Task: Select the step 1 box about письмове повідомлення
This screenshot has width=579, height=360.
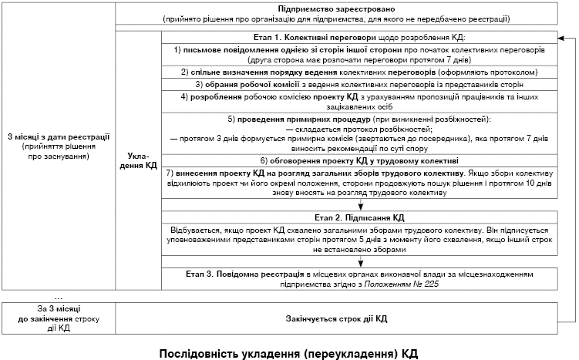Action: (x=358, y=53)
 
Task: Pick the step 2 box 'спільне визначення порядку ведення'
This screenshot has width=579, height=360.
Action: (x=358, y=71)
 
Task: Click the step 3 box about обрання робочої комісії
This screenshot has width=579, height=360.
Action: (x=358, y=84)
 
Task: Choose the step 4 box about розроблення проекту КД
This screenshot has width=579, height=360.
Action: (x=358, y=102)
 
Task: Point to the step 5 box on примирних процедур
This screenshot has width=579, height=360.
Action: (x=358, y=133)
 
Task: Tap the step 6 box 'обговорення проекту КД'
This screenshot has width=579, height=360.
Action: (x=358, y=160)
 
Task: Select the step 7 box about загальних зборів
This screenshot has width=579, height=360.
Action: (x=358, y=182)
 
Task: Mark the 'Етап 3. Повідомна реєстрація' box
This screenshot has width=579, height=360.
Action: (x=358, y=278)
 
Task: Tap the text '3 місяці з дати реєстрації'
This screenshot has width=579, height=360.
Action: (x=58, y=136)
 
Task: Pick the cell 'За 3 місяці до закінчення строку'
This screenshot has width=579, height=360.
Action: (x=58, y=318)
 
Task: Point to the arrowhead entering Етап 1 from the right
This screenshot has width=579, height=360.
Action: (x=559, y=37)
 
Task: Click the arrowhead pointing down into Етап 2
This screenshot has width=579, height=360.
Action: (x=361, y=207)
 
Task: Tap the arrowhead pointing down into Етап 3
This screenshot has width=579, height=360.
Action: (x=361, y=262)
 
